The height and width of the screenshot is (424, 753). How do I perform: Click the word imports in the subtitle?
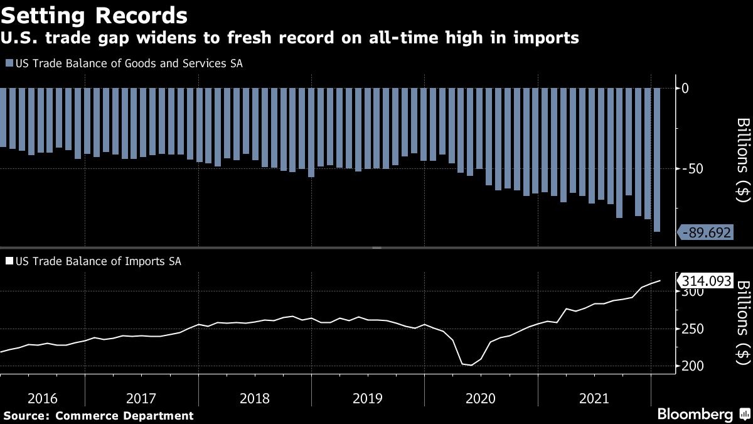tap(545, 39)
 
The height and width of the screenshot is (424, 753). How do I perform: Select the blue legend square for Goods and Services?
tap(9, 63)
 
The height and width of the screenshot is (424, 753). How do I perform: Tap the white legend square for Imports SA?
tap(9, 261)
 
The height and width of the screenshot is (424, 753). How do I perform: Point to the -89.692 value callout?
tap(705, 233)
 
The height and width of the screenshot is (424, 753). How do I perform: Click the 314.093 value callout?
tap(703, 281)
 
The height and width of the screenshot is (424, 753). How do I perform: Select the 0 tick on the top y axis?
tap(685, 88)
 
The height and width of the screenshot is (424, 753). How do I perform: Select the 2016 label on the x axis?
tap(42, 398)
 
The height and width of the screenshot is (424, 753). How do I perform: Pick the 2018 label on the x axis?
tap(254, 398)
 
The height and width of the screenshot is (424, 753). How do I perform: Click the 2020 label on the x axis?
tap(480, 398)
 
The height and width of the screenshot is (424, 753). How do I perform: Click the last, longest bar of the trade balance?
tap(657, 160)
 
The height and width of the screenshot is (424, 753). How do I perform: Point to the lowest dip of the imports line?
tap(471, 365)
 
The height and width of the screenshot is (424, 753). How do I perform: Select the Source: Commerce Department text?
tap(99, 415)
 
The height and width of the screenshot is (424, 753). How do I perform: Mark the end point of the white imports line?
tap(660, 281)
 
